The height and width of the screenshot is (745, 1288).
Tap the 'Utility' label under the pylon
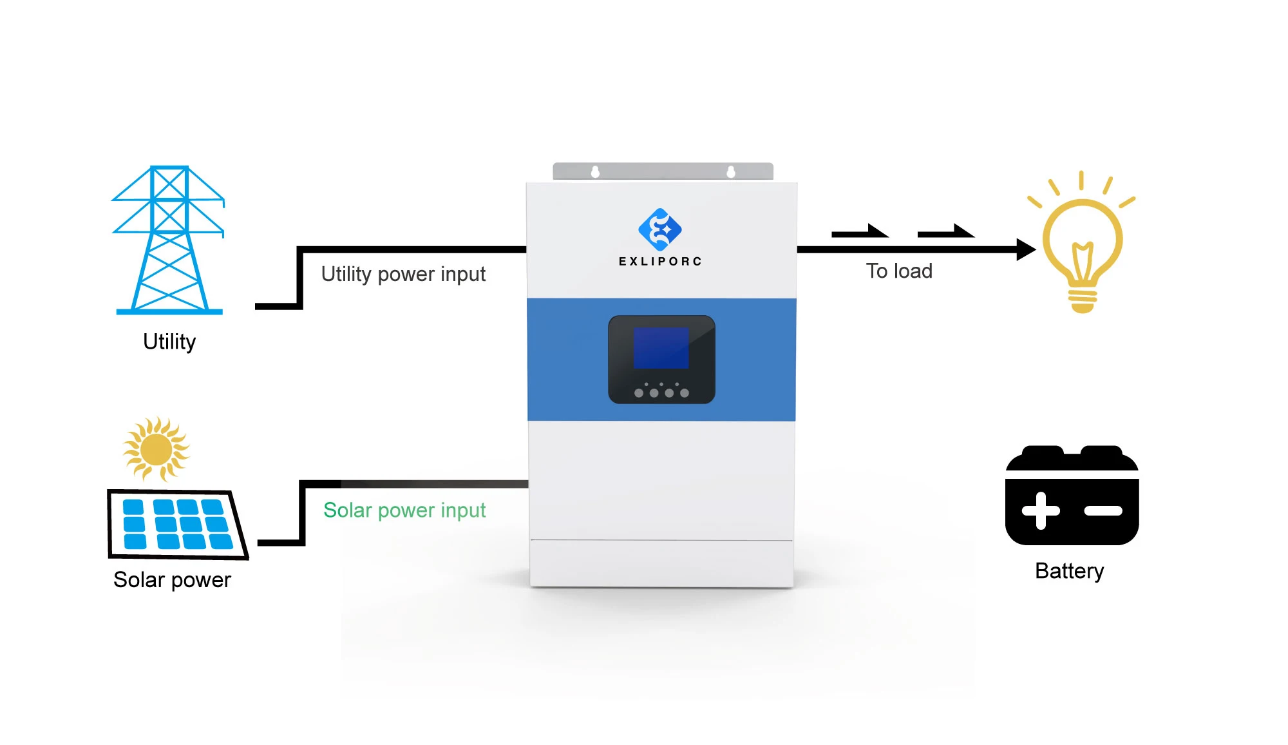coord(169,342)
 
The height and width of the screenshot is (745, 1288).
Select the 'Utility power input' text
coord(403,274)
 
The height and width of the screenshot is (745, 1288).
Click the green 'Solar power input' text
coord(404,510)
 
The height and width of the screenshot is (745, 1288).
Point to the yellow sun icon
coord(156,449)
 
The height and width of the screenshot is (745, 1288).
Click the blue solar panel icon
coord(177,524)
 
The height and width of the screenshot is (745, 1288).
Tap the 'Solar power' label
coord(172,579)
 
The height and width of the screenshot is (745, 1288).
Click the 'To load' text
coord(899,271)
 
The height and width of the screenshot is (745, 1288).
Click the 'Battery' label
coord(1069,571)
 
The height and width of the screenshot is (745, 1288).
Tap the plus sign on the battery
coord(1040,510)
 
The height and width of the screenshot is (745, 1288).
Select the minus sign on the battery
coord(1103,510)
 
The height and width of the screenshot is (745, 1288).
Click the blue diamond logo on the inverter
coord(660,229)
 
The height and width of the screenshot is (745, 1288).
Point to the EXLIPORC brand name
coord(660,261)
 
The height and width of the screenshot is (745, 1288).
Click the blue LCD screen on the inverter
coord(661,348)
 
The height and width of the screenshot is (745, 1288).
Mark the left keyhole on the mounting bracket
coord(595,171)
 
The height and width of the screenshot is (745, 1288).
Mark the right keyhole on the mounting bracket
coord(730,171)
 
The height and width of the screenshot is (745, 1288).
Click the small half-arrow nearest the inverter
coord(860,231)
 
